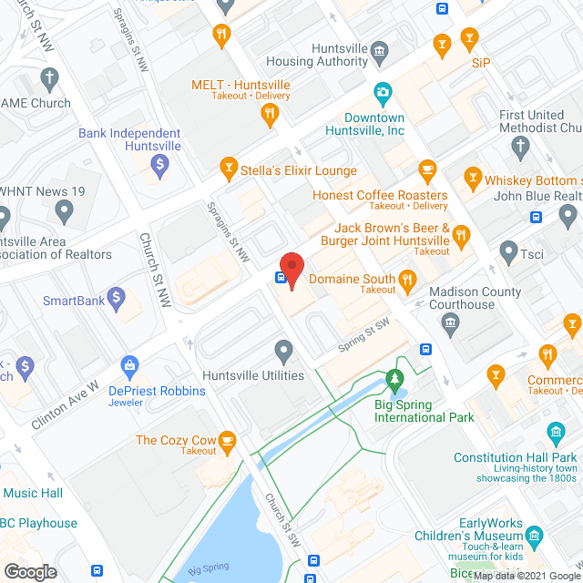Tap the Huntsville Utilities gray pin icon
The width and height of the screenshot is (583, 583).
283,350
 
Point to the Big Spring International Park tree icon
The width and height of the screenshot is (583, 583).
394,377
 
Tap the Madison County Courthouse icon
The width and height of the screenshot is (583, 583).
449,322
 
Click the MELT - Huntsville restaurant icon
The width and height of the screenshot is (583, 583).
269,113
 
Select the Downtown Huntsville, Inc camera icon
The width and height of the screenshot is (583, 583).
384,92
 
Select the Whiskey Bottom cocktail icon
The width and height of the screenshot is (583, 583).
472,176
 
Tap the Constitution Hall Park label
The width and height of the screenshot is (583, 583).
515,457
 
